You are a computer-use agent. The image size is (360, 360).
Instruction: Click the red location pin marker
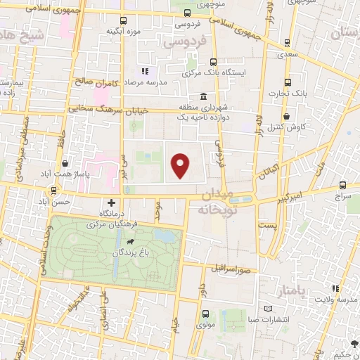181,165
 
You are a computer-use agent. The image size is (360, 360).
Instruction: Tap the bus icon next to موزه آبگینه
124,21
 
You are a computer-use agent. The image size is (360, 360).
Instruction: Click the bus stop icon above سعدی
286,41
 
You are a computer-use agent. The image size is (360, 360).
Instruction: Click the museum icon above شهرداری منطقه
203,97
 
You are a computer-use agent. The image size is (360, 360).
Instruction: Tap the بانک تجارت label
285,94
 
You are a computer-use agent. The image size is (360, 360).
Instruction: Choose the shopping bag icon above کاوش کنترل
286,117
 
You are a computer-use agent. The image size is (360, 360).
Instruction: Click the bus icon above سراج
342,186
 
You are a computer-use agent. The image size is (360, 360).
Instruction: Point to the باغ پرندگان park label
130,250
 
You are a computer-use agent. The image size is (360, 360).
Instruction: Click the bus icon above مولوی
205,314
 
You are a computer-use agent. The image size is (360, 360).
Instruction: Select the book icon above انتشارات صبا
266,309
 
